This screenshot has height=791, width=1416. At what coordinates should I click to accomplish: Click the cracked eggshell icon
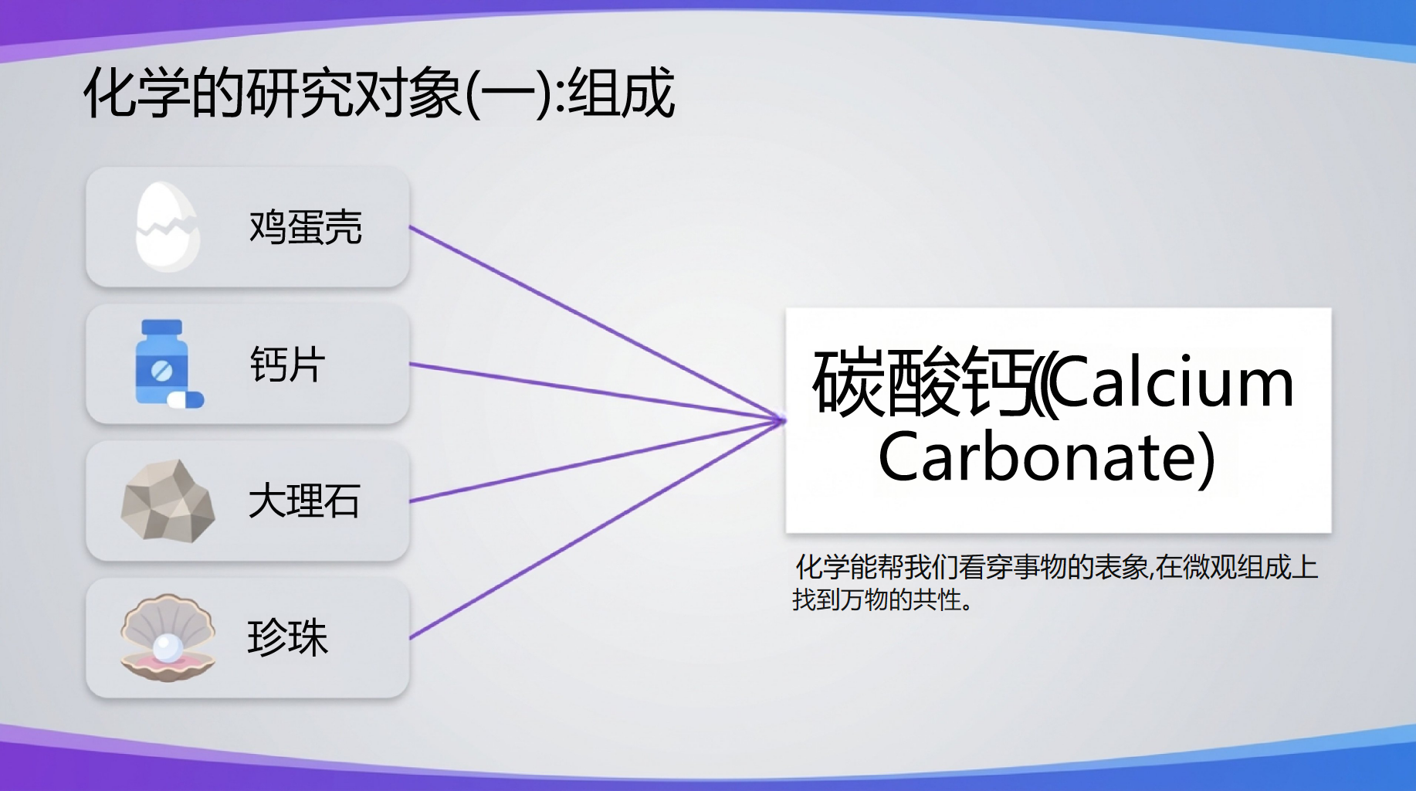[x=167, y=226]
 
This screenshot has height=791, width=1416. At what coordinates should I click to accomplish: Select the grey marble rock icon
[x=168, y=501]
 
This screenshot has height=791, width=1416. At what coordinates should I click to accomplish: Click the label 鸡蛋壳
[x=305, y=227]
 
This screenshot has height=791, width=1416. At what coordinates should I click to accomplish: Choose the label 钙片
[x=287, y=364]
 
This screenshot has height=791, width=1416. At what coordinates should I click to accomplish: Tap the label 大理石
[x=304, y=501]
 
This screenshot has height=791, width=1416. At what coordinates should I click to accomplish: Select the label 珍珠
[x=287, y=637]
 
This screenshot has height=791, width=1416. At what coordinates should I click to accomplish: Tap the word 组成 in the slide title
[x=622, y=93]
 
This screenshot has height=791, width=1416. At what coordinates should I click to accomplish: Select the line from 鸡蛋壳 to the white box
[x=598, y=324]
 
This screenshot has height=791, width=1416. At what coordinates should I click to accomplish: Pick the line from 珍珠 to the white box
[x=598, y=529]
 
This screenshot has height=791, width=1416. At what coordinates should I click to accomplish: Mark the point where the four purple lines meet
[x=784, y=420]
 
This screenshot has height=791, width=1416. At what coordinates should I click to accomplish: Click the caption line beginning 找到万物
[x=882, y=599]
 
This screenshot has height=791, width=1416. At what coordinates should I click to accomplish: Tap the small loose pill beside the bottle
[x=186, y=399]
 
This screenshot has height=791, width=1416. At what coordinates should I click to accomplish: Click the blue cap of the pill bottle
[x=162, y=328]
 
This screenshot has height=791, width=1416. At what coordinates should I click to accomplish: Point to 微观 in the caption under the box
[x=1209, y=568]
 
